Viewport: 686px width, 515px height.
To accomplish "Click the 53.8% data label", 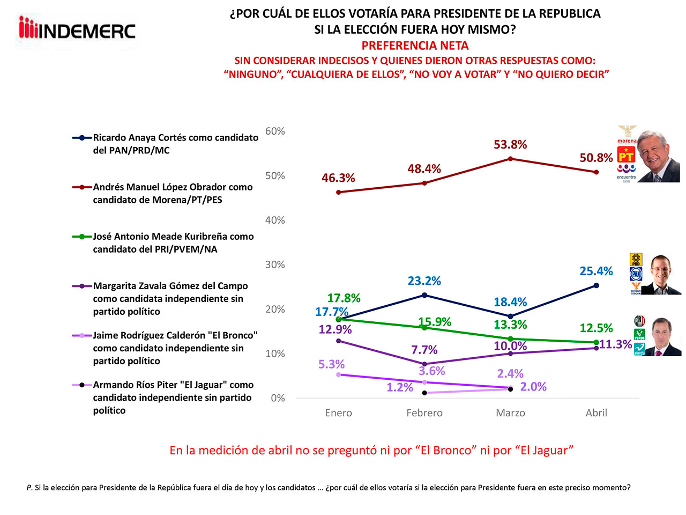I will (x=510, y=145).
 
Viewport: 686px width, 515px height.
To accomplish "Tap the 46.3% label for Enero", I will (x=338, y=178).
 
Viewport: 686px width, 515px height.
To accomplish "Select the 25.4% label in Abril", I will (x=596, y=271).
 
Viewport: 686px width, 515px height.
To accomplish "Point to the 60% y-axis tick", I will (x=275, y=131).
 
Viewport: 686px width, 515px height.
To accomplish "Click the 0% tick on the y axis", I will (x=278, y=398).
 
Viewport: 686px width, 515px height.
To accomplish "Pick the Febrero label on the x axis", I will (x=424, y=413).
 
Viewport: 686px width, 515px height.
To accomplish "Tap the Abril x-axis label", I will (x=596, y=413).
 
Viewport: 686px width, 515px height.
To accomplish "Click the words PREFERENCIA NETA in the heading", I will (x=415, y=46).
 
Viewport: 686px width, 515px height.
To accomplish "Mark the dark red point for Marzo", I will (x=510, y=159).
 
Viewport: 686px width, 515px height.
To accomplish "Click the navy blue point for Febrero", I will (x=424, y=295).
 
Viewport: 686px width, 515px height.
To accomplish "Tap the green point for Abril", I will (x=596, y=342).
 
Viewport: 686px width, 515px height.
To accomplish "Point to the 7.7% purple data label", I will (x=424, y=350).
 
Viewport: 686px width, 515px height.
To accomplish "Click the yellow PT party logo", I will (x=626, y=156).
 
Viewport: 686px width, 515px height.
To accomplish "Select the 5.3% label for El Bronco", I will (x=331, y=365).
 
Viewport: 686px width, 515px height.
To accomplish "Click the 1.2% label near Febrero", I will (x=400, y=387).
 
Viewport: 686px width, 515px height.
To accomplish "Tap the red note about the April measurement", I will (x=371, y=451).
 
